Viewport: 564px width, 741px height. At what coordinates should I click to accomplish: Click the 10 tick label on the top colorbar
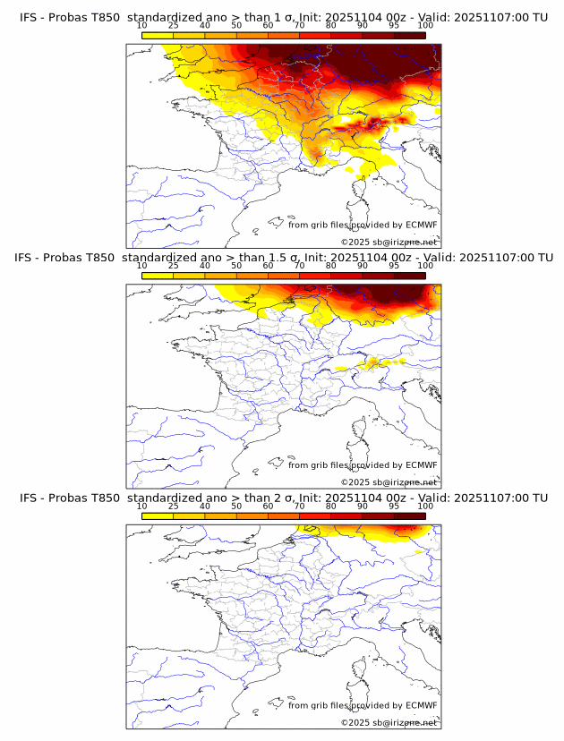tap(142, 26)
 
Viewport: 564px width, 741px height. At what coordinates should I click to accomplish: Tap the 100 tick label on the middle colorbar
tap(425, 266)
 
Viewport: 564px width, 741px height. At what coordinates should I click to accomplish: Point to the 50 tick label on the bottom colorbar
tap(236, 506)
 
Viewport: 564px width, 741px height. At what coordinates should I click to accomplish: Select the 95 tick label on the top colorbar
tap(394, 26)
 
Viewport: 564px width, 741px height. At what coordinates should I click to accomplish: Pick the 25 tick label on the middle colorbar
tap(174, 266)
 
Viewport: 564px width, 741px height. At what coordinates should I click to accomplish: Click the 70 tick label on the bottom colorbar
tap(300, 506)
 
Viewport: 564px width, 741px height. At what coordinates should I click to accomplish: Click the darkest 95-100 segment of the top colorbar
tap(409, 35)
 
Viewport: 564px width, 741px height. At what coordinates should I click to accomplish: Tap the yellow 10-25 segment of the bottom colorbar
tap(158, 515)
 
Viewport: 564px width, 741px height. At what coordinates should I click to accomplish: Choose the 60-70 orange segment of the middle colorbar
tap(284, 276)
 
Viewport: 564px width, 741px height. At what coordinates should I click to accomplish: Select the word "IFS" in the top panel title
tap(30, 17)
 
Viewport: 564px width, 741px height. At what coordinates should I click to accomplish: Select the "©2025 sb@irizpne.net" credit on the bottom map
tap(389, 722)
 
